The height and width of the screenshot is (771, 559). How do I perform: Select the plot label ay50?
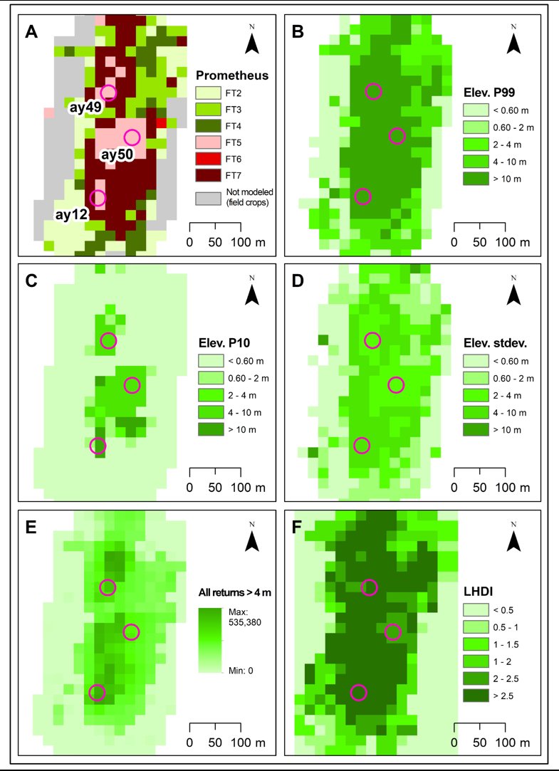tap(118, 155)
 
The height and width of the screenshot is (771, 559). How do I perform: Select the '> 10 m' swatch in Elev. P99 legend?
tap(474, 179)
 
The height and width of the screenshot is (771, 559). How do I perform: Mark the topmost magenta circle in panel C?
tap(108, 340)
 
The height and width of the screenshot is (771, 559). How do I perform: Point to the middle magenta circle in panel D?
tap(396, 385)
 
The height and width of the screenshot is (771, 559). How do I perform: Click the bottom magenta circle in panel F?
tap(360, 692)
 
